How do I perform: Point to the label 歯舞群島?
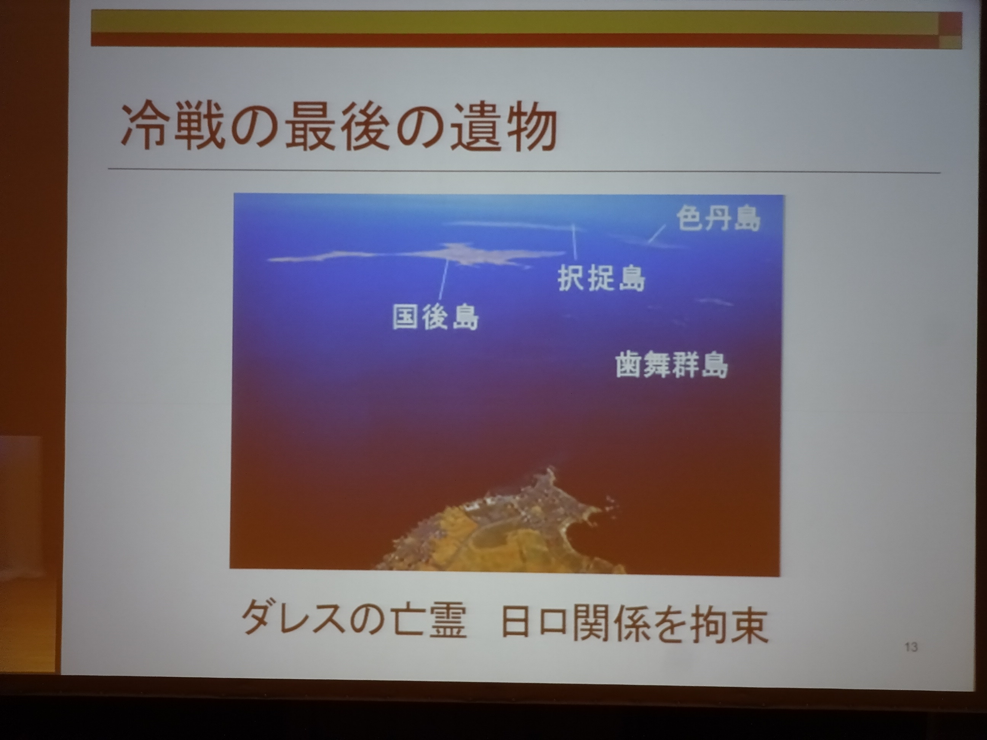tap(672, 365)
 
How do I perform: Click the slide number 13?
tap(911, 647)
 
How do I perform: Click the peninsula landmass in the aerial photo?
tap(504, 526)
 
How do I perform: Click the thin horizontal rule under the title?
tap(525, 171)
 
